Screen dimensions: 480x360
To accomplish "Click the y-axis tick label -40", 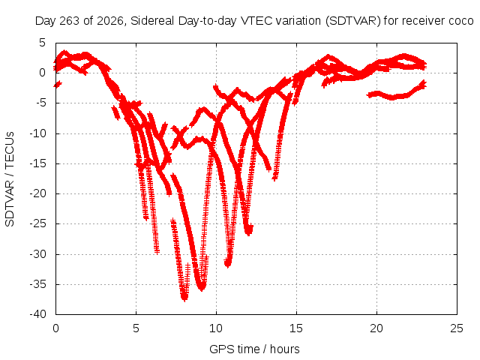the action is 37,314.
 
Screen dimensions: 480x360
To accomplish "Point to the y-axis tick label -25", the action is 37,223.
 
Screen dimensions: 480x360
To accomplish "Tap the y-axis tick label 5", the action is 42,43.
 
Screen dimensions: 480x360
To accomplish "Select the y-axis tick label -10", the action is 37,133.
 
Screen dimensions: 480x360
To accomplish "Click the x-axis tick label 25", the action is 457,328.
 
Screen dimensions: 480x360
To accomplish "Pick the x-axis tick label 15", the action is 296,328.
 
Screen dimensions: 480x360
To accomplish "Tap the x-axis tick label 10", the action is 216,328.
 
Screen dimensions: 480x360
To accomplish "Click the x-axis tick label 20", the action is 376,328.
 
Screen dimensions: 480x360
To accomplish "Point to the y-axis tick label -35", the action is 37,284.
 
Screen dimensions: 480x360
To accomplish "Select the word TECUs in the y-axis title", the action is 10,149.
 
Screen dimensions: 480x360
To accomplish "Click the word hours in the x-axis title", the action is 285,349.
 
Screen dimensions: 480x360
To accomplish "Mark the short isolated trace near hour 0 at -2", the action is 58,84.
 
